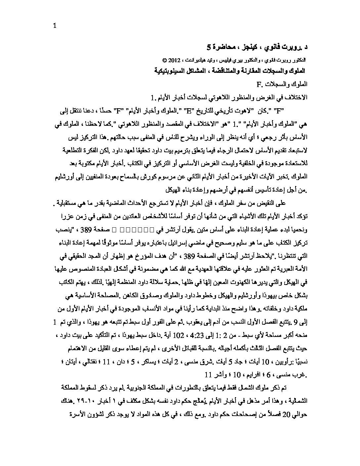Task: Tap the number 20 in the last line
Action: [81, 414]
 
